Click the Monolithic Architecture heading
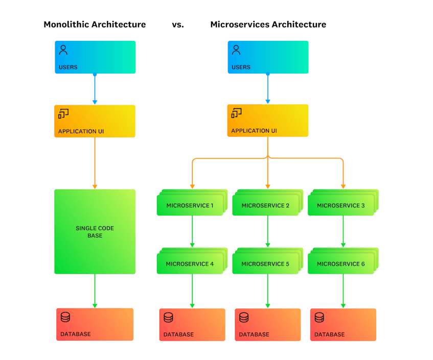coord(95,25)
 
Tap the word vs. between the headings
coord(178,25)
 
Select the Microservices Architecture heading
coord(268,25)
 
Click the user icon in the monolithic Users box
coord(63,50)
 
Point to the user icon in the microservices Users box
coord(236,50)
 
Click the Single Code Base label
coord(95,232)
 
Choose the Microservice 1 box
coord(192,203)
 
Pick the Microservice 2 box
coord(268,203)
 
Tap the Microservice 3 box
coord(343,203)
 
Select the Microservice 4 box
coord(192,261)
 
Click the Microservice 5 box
coord(268,261)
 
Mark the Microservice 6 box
coord(343,261)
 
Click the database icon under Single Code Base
coord(65,317)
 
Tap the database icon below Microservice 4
coord(169,318)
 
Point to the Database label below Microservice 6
coord(329,334)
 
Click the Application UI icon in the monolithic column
coord(63,114)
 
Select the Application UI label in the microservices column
coord(254,131)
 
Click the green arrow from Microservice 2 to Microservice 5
coord(267,231)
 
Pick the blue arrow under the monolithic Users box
coord(95,88)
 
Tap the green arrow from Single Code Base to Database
coord(95,291)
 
